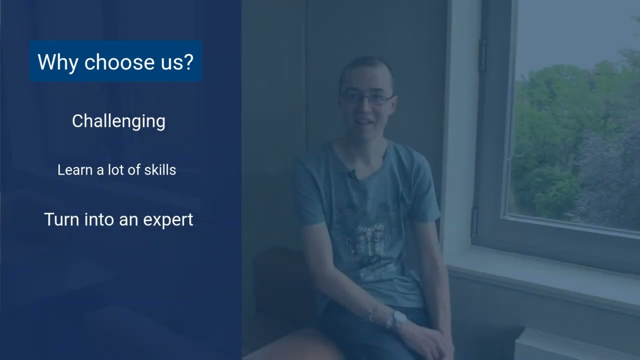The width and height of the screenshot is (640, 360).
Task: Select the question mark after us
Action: tap(187, 62)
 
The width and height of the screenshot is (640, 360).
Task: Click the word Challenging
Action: tap(118, 121)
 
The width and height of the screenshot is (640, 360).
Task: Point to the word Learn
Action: tap(75, 170)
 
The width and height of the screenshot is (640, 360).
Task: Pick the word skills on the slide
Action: tap(160, 170)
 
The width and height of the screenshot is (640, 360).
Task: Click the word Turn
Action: tap(60, 219)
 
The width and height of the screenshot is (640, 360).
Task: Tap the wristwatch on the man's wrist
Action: tap(399, 318)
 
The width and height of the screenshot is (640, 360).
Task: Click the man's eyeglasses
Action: tap(366, 98)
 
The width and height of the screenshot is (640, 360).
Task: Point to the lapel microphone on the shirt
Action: tap(352, 174)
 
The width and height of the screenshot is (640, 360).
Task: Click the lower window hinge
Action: tap(474, 222)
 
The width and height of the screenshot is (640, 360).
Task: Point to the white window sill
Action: tap(545, 280)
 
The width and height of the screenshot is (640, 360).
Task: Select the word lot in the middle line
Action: tap(114, 170)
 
